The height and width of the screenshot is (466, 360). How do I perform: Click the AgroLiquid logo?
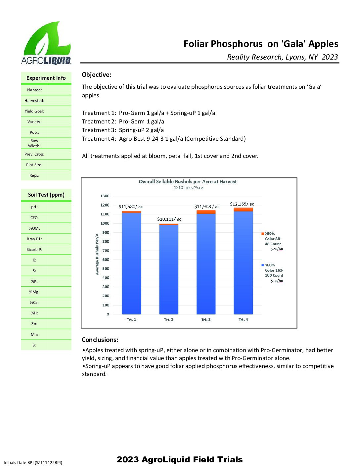pyautogui.click(x=46, y=43)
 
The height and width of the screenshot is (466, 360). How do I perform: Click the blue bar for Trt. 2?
pyautogui.click(x=169, y=270)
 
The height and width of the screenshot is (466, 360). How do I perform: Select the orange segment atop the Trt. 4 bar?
pyautogui.click(x=243, y=209)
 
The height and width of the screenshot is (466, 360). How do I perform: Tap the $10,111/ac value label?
pyautogui.click(x=169, y=219)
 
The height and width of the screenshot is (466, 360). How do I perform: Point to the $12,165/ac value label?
pyautogui.click(x=242, y=204)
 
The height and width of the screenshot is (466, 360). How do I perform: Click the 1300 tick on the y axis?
pyautogui.click(x=105, y=196)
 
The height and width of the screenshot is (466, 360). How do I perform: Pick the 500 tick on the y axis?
pyautogui.click(x=106, y=269)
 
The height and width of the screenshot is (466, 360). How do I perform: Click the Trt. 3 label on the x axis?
pyautogui.click(x=206, y=320)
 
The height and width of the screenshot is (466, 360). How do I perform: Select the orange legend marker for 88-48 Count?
pyautogui.click(x=263, y=234)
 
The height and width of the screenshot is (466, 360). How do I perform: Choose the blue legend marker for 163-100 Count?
pyautogui.click(x=263, y=265)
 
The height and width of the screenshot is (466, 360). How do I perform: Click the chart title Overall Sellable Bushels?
pyautogui.click(x=188, y=182)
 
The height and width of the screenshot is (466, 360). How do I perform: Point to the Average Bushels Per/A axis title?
pyautogui.click(x=97, y=254)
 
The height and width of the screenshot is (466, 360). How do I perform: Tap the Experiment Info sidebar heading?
pyautogui.click(x=46, y=78)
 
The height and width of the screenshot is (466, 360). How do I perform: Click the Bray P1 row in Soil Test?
pyautogui.click(x=34, y=239)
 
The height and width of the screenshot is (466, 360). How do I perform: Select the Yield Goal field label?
pyautogui.click(x=34, y=111)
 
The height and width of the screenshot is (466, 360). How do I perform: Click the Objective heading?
pyautogui.click(x=97, y=75)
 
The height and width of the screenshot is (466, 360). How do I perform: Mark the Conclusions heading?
pyautogui.click(x=100, y=340)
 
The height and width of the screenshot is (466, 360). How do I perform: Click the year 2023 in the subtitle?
pyautogui.click(x=330, y=57)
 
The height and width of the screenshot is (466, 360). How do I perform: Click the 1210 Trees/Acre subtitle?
pyautogui.click(x=188, y=188)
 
